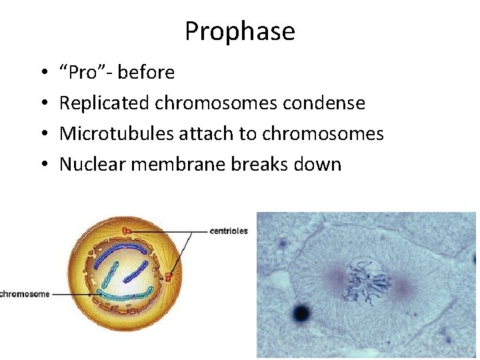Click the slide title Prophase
[x=239, y=31]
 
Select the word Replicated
[x=105, y=103]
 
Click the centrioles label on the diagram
[x=229, y=231]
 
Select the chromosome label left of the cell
[x=25, y=294]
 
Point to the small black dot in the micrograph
[x=302, y=311]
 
